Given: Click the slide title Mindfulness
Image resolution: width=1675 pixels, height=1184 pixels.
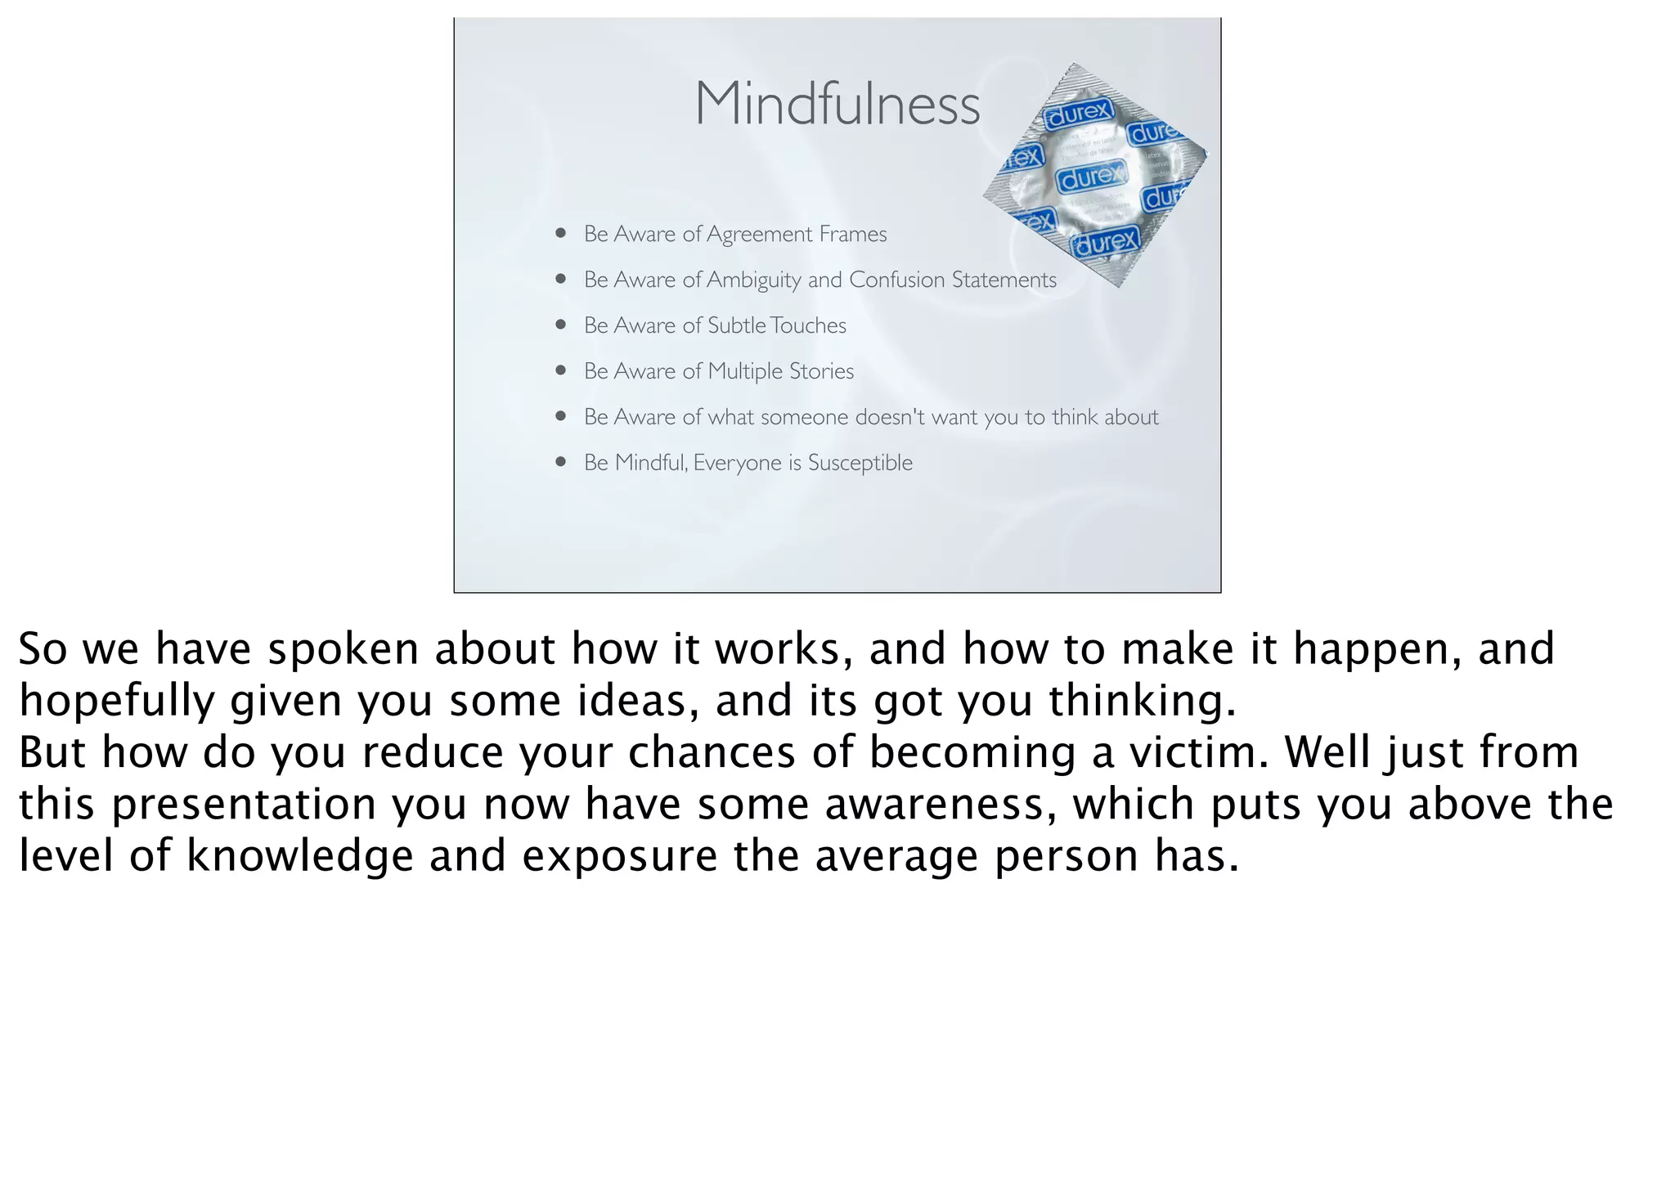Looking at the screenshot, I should (837, 105).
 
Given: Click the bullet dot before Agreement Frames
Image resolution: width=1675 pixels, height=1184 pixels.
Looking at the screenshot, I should (560, 233).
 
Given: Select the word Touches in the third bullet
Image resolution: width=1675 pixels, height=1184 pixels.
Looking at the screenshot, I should (807, 325).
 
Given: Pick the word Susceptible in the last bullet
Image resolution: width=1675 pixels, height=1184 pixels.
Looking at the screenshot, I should (860, 464).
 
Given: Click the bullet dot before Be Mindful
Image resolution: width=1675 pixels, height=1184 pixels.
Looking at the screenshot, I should (560, 462).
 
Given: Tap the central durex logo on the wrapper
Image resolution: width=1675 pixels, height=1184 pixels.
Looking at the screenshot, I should (1091, 176).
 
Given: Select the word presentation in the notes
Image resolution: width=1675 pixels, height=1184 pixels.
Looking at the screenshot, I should (243, 805).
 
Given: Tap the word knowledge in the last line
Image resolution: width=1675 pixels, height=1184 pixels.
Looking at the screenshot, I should (300, 857).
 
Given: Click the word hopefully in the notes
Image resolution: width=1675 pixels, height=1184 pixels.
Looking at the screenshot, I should (115, 702).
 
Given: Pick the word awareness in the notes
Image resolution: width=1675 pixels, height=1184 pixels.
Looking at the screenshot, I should (935, 805).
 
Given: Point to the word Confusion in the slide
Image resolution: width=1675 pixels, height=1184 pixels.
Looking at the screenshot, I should (896, 280).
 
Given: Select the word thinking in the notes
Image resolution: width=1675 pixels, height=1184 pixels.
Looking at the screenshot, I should (1142, 702).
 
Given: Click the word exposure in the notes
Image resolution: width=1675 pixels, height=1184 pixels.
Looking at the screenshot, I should (619, 858).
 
